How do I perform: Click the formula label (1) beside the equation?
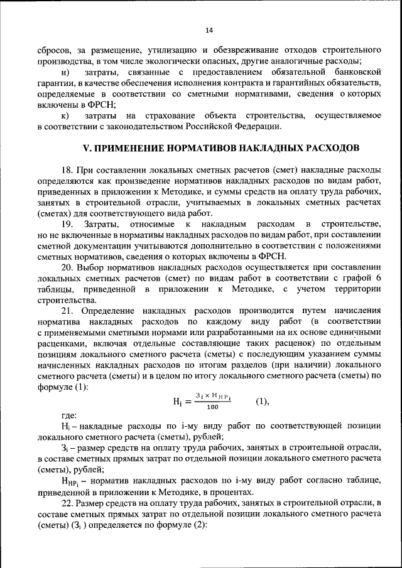tap(263, 400)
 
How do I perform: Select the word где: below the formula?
tap(69, 415)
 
